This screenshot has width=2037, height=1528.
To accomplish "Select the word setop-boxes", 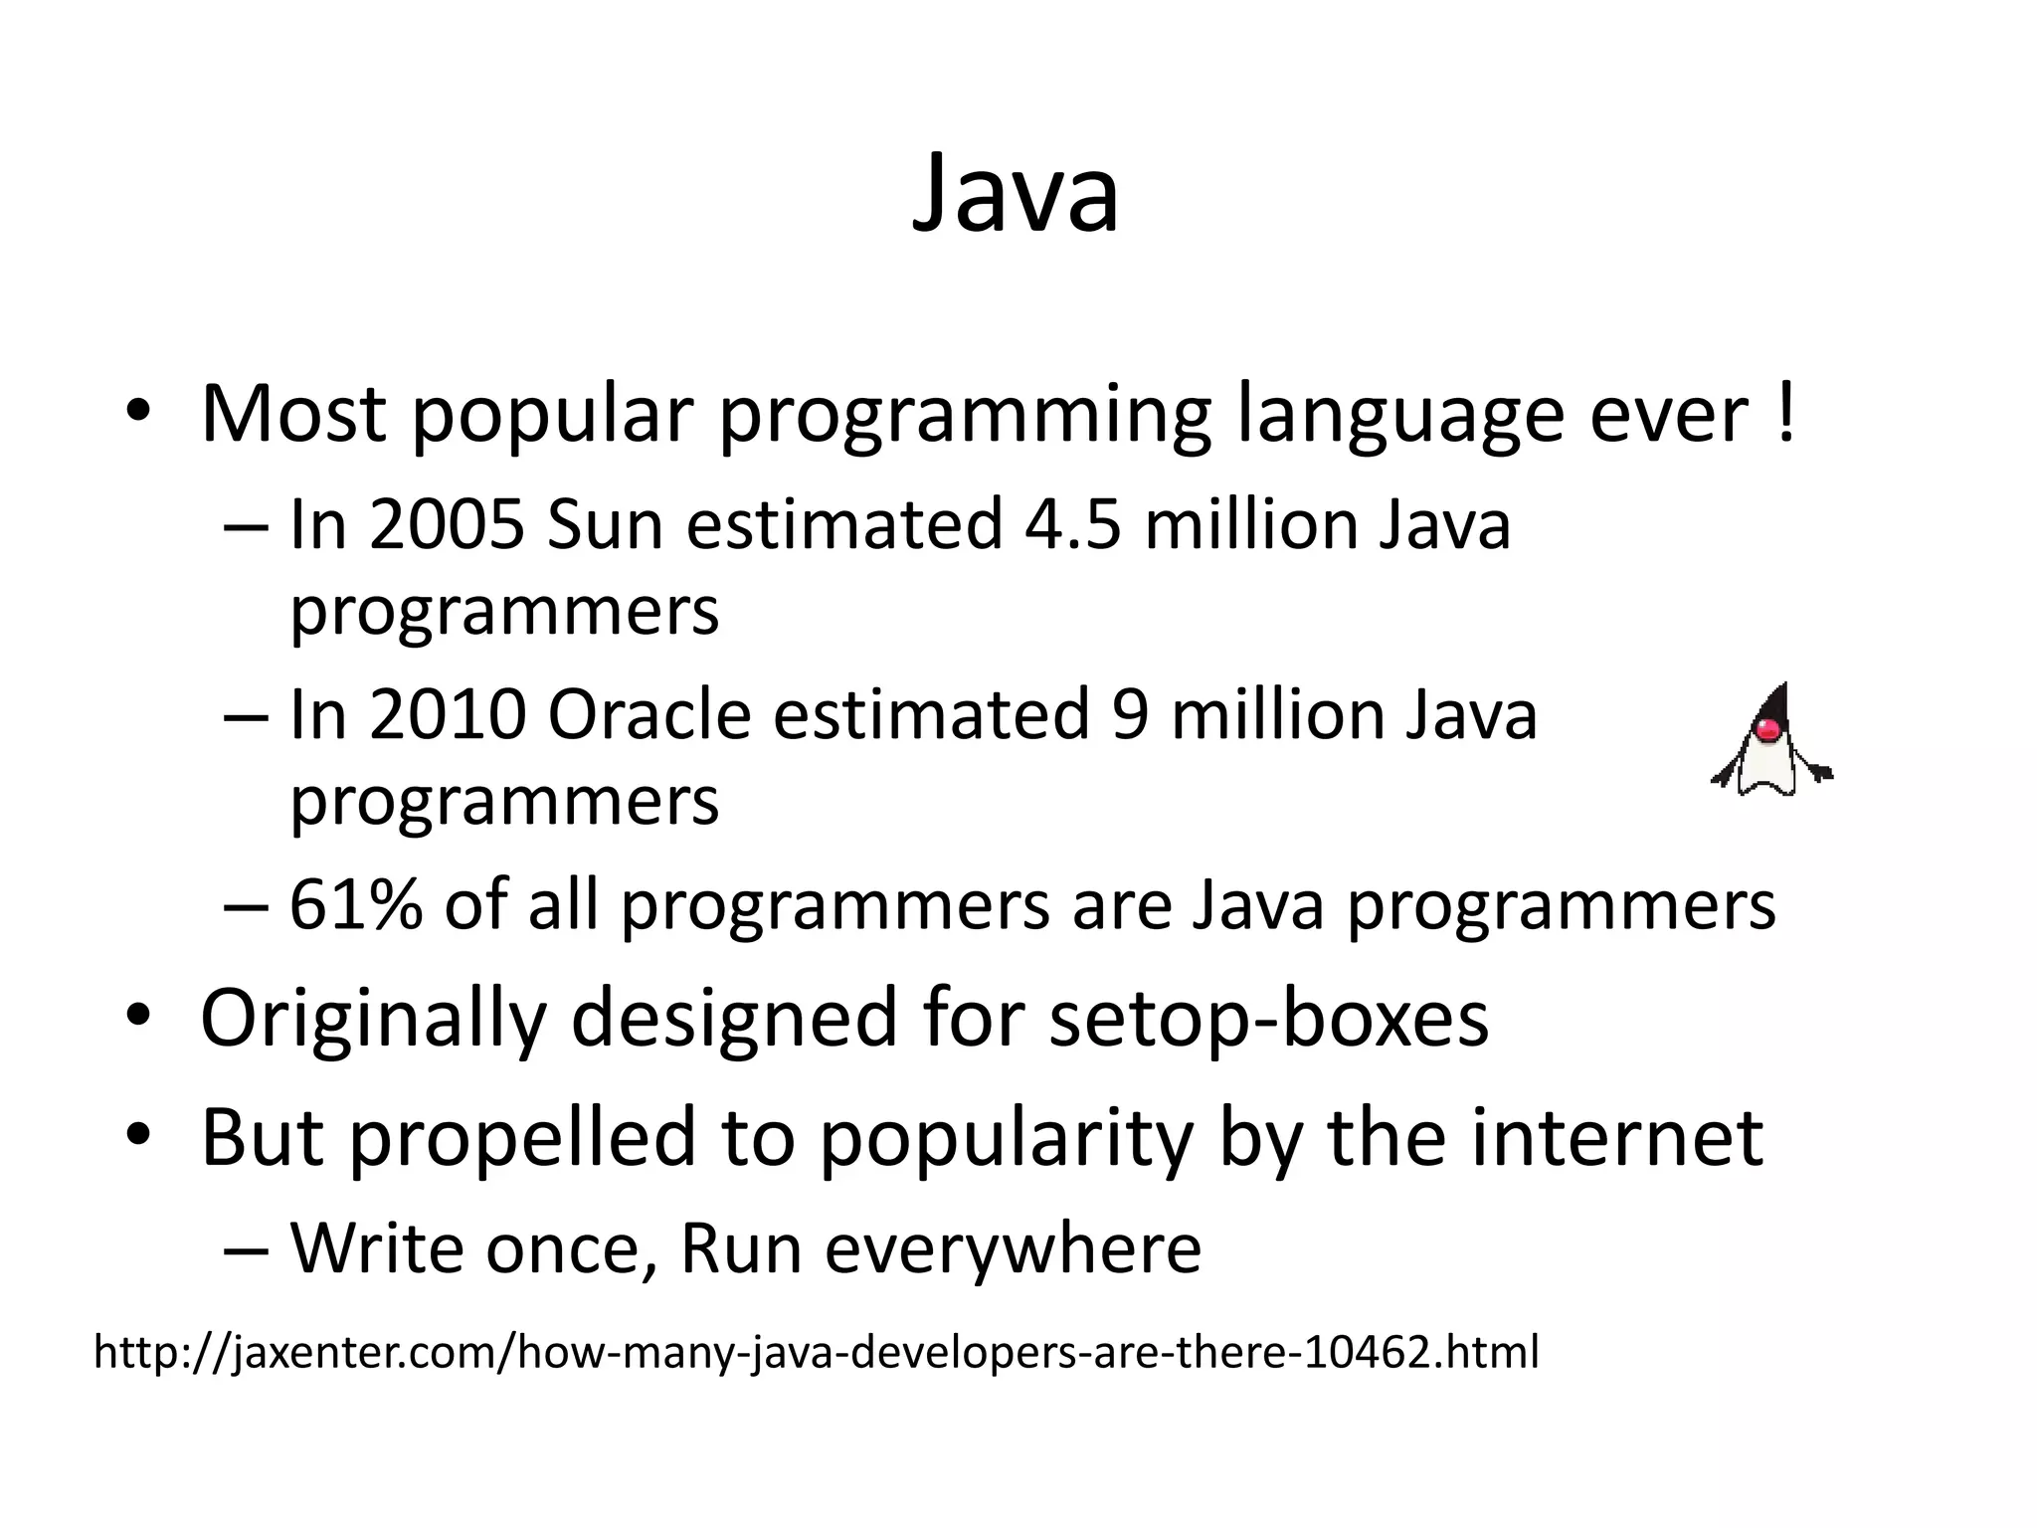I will point(1268,1018).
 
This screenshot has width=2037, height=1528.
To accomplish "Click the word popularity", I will point(1006,1139).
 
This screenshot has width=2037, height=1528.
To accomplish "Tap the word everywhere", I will point(1013,1248).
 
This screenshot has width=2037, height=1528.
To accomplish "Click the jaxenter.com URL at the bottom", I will point(816,1353).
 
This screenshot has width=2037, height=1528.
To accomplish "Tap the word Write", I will point(376,1247).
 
